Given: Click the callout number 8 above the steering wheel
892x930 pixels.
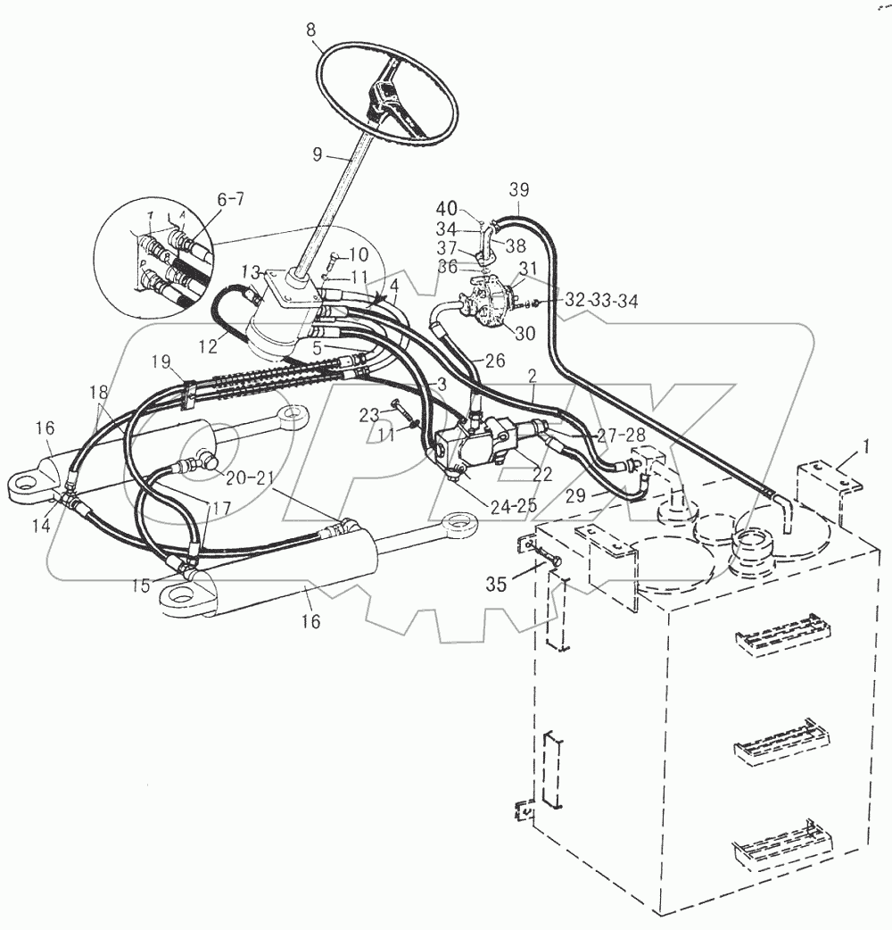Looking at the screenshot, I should [x=310, y=29].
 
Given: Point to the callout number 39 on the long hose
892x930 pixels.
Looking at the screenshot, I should [x=519, y=191].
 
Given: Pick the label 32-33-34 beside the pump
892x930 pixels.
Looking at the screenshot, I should [x=601, y=302].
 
